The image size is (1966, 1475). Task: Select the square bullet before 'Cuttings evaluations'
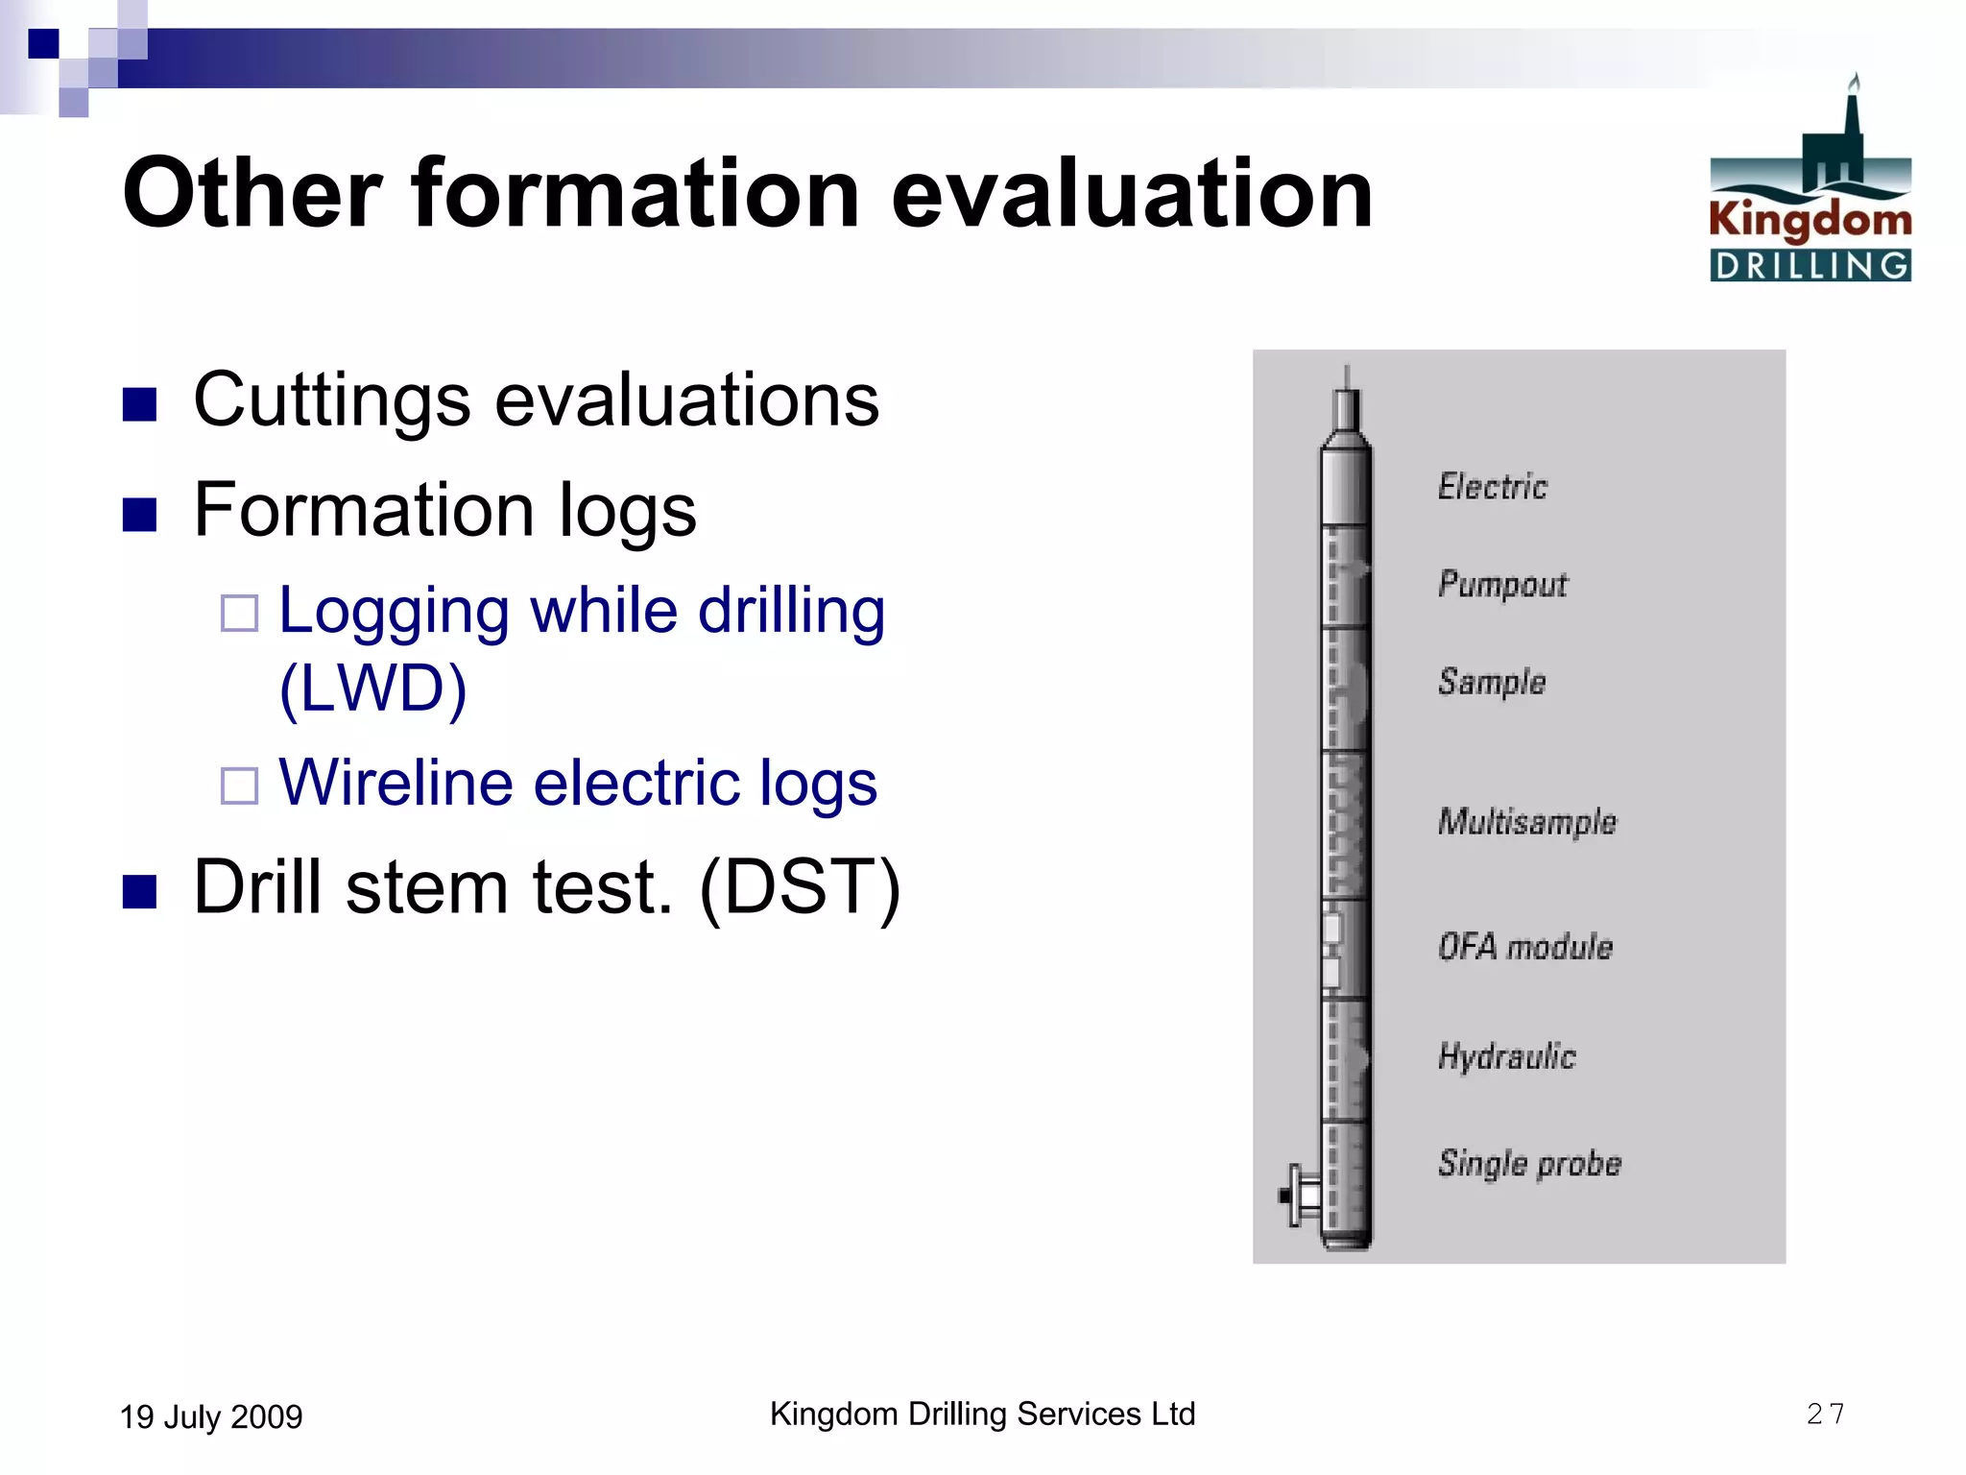[x=140, y=404]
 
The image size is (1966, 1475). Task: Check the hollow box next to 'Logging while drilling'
[x=239, y=613]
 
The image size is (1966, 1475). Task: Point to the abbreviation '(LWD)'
[x=373, y=689]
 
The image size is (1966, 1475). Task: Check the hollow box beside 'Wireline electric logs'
[x=239, y=785]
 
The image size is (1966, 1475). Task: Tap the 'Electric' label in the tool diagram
[x=1492, y=487]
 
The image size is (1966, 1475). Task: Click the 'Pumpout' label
[x=1502, y=584]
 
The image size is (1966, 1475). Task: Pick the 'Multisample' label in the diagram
[x=1527, y=822]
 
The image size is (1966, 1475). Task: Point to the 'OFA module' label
[x=1525, y=947]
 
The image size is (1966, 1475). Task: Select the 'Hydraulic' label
[x=1507, y=1056]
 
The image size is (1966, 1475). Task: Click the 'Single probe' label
[x=1529, y=1164]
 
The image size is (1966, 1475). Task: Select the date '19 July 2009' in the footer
[x=211, y=1416]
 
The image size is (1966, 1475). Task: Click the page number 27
[x=1825, y=1414]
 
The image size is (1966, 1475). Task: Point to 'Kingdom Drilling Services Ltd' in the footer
[x=982, y=1414]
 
